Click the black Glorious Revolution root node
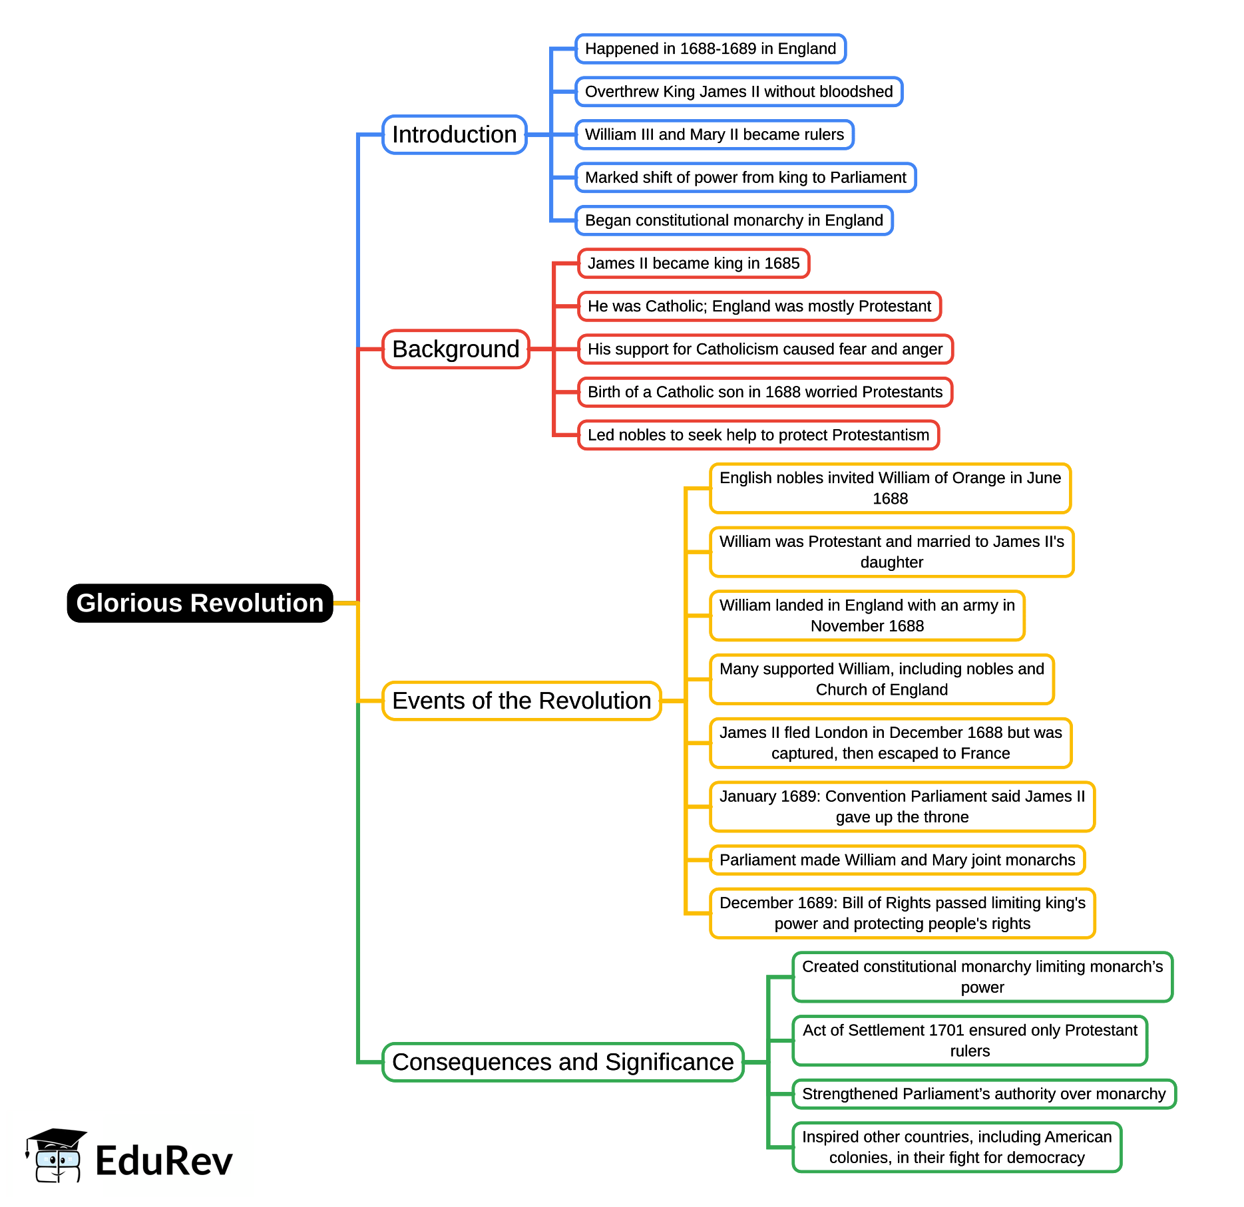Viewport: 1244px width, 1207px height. [x=200, y=603]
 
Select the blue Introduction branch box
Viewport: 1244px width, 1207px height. [x=455, y=134]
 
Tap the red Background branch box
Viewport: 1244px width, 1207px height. [x=456, y=349]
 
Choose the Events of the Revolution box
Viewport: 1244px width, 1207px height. [x=522, y=701]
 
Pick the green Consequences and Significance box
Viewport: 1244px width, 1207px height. [x=563, y=1062]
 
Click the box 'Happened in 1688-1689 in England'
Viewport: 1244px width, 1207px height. [x=710, y=49]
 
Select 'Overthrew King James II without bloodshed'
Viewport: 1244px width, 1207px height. [x=739, y=92]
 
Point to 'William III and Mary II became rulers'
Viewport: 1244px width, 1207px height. [x=714, y=134]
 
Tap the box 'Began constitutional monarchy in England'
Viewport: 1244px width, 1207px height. [x=734, y=220]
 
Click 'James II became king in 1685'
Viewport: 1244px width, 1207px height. [x=694, y=263]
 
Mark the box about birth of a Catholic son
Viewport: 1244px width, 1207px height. [x=765, y=392]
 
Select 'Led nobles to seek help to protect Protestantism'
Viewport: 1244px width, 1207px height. [x=758, y=435]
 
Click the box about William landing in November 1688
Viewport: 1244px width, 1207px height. [x=867, y=615]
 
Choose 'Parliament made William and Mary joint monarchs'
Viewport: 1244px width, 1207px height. [x=897, y=860]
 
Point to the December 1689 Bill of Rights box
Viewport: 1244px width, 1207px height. [x=903, y=913]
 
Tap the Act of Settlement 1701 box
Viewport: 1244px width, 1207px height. [x=970, y=1041]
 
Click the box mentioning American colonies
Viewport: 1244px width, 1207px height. [x=957, y=1147]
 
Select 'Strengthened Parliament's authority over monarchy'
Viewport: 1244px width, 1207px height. [x=984, y=1094]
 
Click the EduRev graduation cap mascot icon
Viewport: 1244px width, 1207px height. [x=55, y=1155]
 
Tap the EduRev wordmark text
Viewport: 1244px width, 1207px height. [x=164, y=1161]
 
